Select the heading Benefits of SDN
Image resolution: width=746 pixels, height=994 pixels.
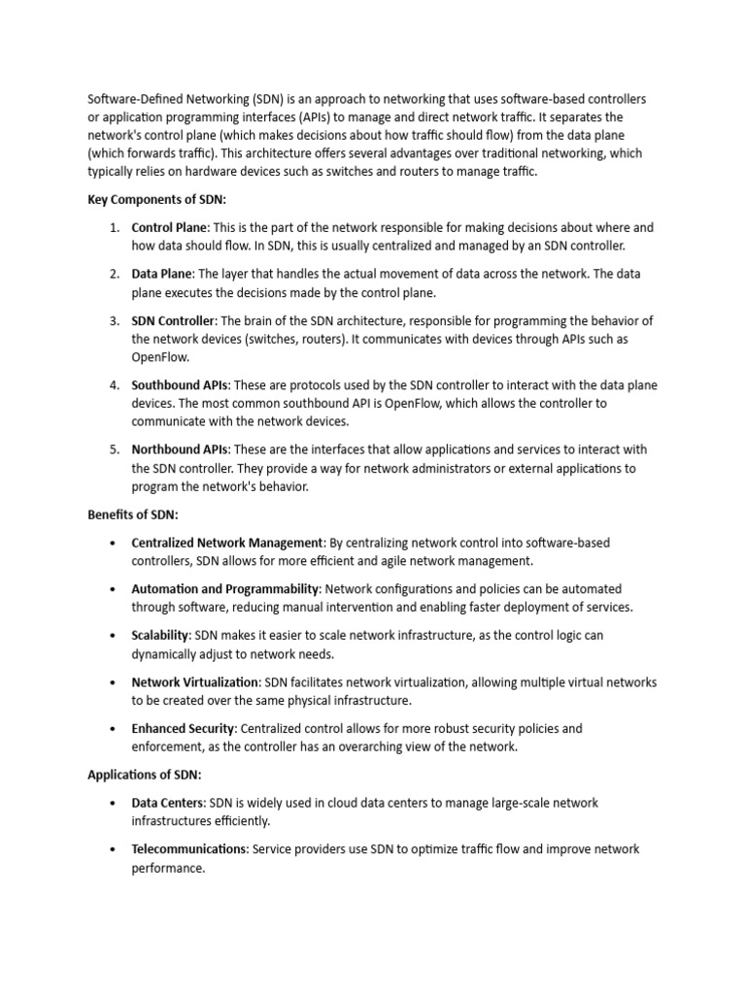point(132,514)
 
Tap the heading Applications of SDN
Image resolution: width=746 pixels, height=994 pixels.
point(144,775)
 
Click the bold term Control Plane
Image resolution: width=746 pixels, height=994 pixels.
point(163,227)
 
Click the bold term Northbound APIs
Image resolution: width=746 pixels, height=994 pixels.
point(180,449)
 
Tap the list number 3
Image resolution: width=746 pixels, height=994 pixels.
point(114,320)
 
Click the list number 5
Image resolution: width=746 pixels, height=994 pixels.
point(114,449)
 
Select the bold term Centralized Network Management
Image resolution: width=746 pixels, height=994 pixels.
point(227,543)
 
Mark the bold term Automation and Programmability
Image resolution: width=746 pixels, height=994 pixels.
point(225,589)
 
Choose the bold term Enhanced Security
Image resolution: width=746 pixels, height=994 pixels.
point(183,728)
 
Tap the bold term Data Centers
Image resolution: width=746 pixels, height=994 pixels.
point(167,803)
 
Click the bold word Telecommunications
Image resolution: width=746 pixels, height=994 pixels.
point(189,849)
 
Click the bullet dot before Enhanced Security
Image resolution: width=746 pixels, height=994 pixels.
point(115,728)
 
